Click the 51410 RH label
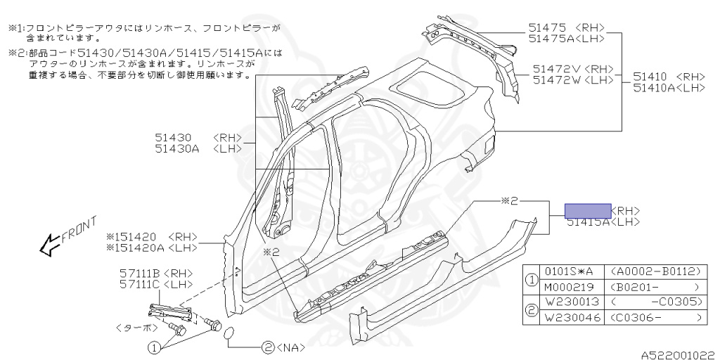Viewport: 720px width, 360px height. click(x=651, y=77)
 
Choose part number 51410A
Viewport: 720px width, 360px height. click(x=655, y=87)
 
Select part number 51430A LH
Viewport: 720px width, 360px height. click(x=175, y=148)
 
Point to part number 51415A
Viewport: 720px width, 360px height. click(x=588, y=221)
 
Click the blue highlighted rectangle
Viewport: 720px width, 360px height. click(x=589, y=210)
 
